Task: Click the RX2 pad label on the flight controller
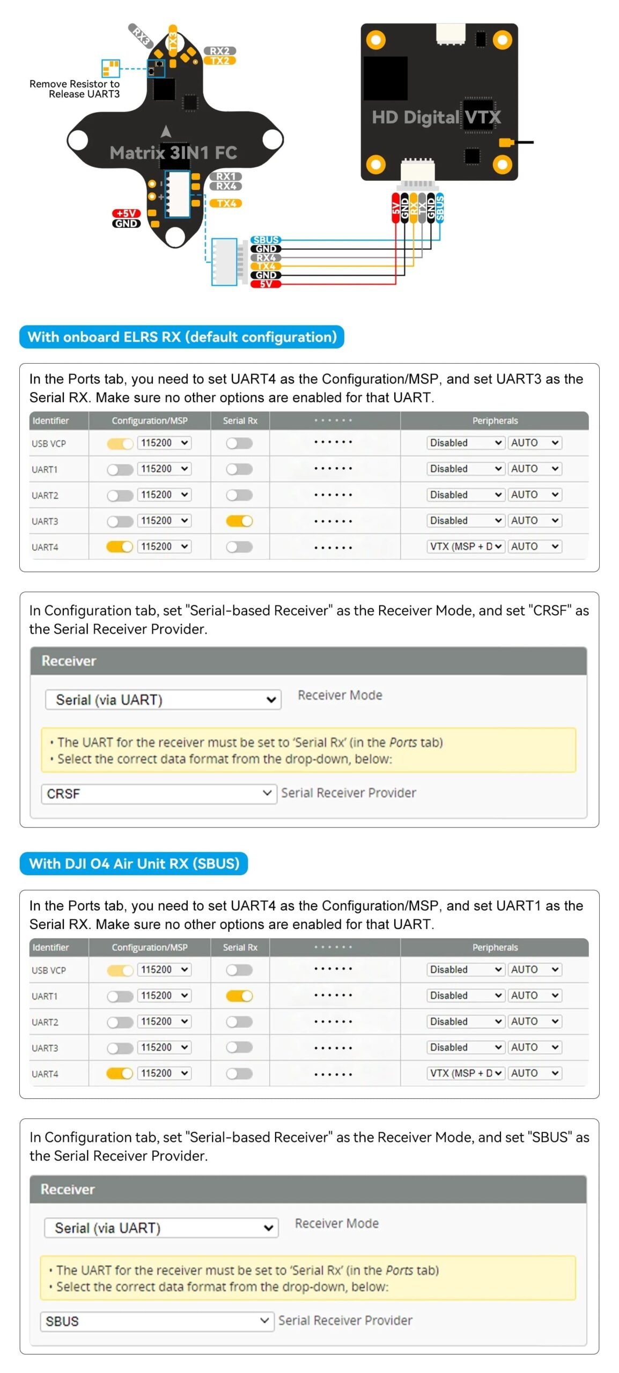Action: [x=219, y=51]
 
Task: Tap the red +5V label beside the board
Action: [x=126, y=213]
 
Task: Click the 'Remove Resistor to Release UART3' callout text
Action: [x=75, y=89]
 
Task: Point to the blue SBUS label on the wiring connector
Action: [x=266, y=240]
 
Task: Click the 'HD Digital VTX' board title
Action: [x=436, y=117]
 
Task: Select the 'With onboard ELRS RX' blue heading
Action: [x=182, y=337]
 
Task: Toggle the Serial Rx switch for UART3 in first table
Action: [x=239, y=521]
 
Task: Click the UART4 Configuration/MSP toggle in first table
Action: [x=120, y=547]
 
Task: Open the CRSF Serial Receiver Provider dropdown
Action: [x=159, y=793]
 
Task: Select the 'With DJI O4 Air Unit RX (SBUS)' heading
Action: [x=134, y=863]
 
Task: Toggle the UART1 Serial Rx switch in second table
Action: [x=239, y=996]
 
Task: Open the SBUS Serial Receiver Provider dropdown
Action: [x=157, y=1321]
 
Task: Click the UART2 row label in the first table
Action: [x=45, y=495]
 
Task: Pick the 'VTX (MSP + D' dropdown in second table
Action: [x=466, y=1073]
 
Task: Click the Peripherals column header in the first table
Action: [x=495, y=421]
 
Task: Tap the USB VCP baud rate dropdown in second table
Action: [x=164, y=970]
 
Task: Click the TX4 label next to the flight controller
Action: [x=226, y=203]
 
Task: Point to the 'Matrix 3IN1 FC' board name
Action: [x=173, y=153]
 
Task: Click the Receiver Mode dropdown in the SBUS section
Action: [x=161, y=1228]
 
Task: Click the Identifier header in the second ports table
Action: [x=50, y=948]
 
